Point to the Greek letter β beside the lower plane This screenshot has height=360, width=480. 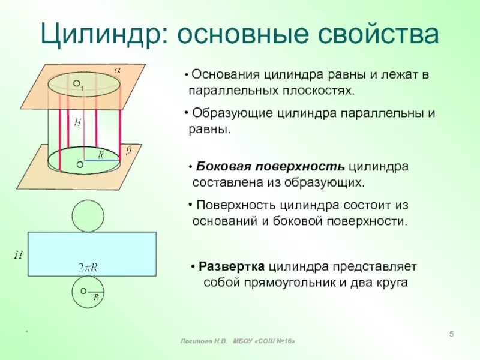click(128, 151)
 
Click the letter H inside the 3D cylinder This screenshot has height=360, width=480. click(77, 122)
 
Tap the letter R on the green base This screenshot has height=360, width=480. click(101, 155)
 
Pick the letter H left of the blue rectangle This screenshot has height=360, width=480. click(19, 255)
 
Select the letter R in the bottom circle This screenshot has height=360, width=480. click(95, 296)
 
